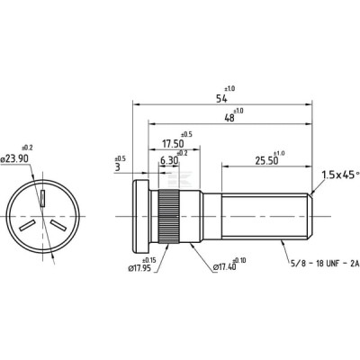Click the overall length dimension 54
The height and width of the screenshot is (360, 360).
tap(222, 99)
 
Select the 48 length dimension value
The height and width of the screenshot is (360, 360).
tap(229, 118)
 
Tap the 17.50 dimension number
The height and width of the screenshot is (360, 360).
tap(173, 144)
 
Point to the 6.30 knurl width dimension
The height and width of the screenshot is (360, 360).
tap(169, 161)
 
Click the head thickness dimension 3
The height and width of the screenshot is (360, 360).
tap(118, 167)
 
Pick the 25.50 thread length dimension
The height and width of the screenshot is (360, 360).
tap(266, 161)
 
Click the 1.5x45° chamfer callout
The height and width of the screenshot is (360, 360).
tap(340, 175)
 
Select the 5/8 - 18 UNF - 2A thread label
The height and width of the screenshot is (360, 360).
tap(325, 264)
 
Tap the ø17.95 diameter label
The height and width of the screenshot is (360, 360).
tap(139, 268)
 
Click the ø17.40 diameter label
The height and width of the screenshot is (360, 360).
tap(224, 266)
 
